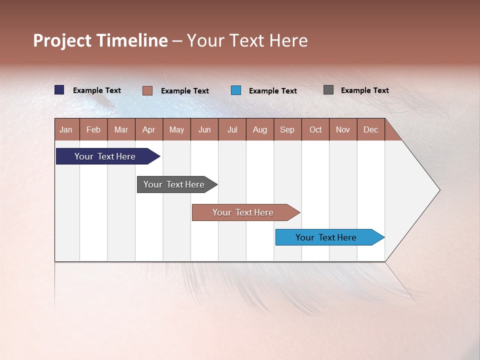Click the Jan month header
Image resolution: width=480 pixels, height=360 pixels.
[66, 129]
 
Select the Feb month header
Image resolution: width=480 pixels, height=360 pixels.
[93, 129]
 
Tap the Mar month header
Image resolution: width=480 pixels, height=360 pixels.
[121, 129]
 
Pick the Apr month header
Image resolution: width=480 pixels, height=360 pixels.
[149, 129]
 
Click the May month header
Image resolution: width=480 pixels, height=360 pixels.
[176, 129]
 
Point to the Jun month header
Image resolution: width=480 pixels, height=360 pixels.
[204, 129]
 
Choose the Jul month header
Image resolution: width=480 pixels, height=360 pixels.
[232, 129]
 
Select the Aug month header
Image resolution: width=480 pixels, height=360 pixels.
[260, 129]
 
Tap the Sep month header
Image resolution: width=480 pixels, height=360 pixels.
[287, 129]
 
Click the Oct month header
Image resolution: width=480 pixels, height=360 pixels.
[315, 129]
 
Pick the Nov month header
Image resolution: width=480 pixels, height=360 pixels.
[343, 129]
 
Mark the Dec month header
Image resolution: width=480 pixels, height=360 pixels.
[371, 129]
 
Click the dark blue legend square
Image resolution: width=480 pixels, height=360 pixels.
[59, 90]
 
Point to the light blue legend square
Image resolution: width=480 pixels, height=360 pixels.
[236, 90]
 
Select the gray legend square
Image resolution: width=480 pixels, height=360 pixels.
[328, 90]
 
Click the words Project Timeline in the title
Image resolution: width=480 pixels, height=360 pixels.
[100, 40]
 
